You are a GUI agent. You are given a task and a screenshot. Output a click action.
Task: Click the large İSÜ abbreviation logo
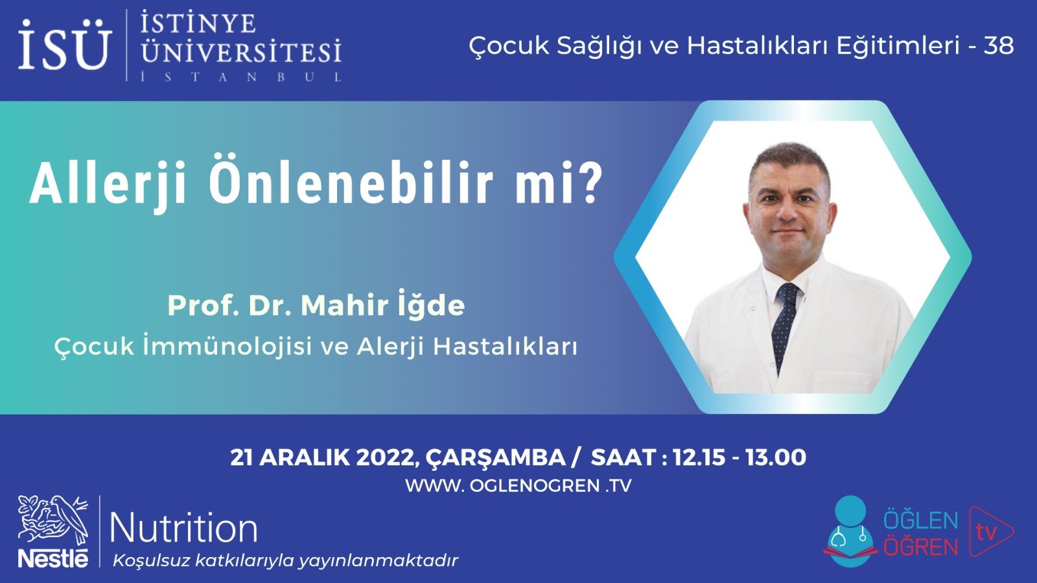[x=64, y=45]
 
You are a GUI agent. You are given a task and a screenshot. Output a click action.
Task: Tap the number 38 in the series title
[x=998, y=45]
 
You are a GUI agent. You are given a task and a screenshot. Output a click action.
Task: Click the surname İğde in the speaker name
[x=431, y=305]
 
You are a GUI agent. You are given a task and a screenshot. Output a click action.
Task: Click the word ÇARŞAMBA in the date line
[x=496, y=457]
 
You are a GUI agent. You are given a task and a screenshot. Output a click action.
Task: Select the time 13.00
[x=775, y=457]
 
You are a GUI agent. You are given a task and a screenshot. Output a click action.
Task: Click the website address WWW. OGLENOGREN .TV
[x=518, y=486]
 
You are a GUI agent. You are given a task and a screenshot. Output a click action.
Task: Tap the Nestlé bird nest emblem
[x=52, y=520]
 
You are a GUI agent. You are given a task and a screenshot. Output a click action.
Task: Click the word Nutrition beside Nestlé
[x=184, y=529]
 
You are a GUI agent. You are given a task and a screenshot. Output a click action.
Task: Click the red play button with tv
[x=990, y=531]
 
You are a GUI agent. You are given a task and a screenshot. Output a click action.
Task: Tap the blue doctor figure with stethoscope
[x=850, y=532]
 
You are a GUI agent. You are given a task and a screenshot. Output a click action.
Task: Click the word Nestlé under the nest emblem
[x=53, y=558]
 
